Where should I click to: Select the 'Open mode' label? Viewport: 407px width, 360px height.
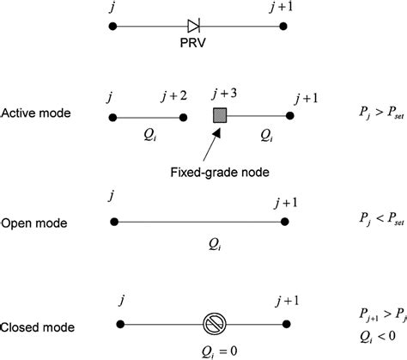coord(34,223)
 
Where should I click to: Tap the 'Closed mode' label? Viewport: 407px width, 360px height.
coord(38,326)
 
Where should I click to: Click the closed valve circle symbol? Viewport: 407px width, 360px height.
coord(213,324)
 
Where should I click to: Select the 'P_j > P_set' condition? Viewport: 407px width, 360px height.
coord(375,112)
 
